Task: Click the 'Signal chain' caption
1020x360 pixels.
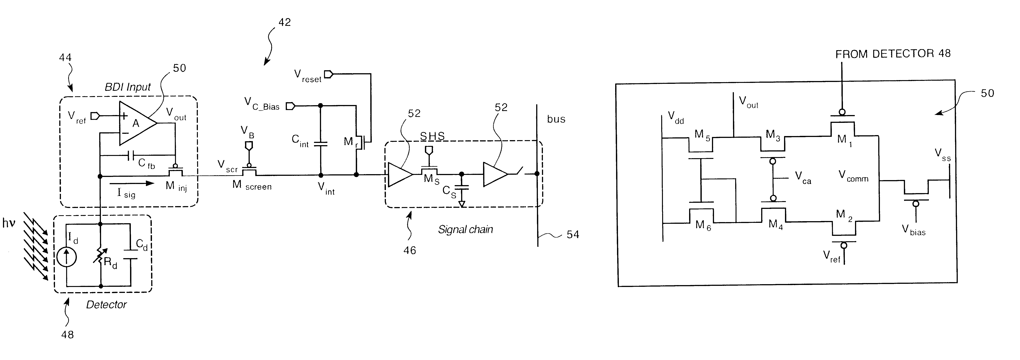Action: (x=465, y=229)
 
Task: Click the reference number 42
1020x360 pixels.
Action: (x=284, y=22)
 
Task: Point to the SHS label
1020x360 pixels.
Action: (x=432, y=136)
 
